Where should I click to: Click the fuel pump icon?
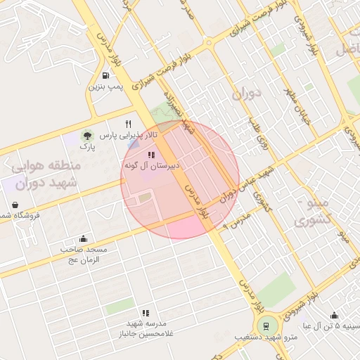coord(105,76)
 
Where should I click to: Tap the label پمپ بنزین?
coord(105,87)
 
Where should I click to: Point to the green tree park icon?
coord(87,135)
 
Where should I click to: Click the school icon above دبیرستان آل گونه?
coord(151,155)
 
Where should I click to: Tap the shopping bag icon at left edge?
coord(15,205)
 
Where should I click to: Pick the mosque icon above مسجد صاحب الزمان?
coord(84,238)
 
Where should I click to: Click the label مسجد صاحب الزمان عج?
coord(84,255)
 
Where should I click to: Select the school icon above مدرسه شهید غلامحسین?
coord(146,313)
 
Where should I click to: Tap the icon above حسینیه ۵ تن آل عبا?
coord(334,316)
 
